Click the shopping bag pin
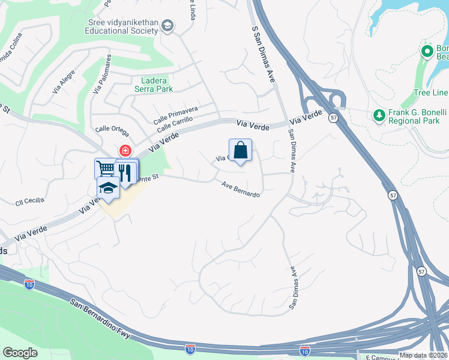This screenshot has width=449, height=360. (x=240, y=151)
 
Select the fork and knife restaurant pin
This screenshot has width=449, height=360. (x=125, y=172)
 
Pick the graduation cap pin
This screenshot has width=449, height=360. (x=108, y=188)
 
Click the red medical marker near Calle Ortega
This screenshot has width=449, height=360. (x=125, y=151)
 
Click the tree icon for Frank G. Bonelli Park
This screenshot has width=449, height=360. (x=379, y=115)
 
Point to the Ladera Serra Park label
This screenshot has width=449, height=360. (x=157, y=85)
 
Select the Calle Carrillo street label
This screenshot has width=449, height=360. (x=175, y=124)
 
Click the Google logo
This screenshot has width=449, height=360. (x=20, y=352)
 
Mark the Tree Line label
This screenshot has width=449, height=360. (x=431, y=92)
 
